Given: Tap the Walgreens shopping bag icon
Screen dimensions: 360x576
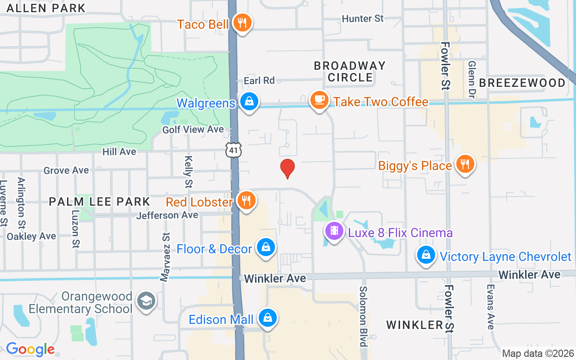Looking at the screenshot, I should tap(249, 101).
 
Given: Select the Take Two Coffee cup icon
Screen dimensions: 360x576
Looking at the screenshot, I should tap(319, 100).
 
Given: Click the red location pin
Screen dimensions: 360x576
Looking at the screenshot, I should tap(288, 168).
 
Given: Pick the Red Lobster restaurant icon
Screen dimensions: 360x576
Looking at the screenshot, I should tap(246, 201).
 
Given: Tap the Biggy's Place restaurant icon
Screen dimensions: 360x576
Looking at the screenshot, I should tap(465, 164).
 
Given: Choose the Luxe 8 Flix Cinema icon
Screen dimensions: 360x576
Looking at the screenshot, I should tap(334, 231).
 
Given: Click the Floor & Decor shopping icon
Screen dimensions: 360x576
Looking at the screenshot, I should tap(266, 247).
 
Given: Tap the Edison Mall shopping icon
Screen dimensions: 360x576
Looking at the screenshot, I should tap(268, 318).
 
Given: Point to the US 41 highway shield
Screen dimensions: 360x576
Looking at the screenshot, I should tap(234, 150).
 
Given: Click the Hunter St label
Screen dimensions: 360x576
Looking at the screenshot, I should tap(363, 18).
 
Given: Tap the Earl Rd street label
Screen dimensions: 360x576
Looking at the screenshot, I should tap(259, 81).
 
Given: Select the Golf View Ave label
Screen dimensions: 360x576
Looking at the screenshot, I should tap(193, 130).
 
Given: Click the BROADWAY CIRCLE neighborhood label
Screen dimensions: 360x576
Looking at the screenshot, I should tap(350, 72).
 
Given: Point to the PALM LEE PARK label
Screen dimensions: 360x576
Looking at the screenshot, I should tap(99, 202).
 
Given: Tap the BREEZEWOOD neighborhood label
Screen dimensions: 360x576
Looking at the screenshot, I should tap(522, 83).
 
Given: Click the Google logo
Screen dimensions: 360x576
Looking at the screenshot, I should tap(30, 349).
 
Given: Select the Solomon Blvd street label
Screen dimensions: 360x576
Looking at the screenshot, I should tap(363, 316).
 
